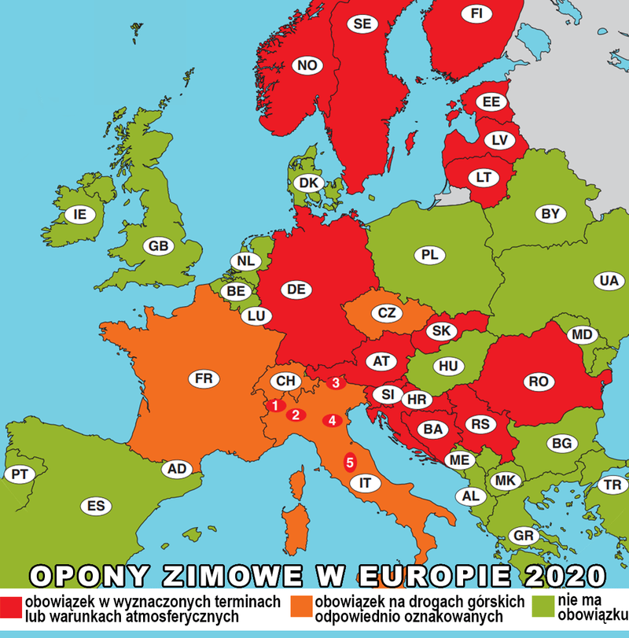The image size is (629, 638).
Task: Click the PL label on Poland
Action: [x=429, y=255]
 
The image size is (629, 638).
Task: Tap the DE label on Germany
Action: [x=296, y=289]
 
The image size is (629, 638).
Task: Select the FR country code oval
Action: [x=204, y=379]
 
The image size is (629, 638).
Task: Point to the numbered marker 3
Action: [x=336, y=384]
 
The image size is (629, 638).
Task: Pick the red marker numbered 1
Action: [x=274, y=406]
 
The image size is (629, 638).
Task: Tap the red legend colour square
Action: [x=11, y=607]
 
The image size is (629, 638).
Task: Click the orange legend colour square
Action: [x=300, y=607]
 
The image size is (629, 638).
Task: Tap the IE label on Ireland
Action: [x=79, y=213]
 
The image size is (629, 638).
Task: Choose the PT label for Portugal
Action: [x=17, y=474]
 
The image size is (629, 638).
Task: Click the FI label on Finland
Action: [x=476, y=13]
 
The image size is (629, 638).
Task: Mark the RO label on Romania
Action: [x=538, y=382]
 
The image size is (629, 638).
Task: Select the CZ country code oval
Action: [x=386, y=312]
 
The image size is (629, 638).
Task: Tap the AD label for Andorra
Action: [x=178, y=470]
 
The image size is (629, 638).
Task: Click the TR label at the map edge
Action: [x=611, y=485]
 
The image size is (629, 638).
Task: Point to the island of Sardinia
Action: [x=295, y=524]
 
